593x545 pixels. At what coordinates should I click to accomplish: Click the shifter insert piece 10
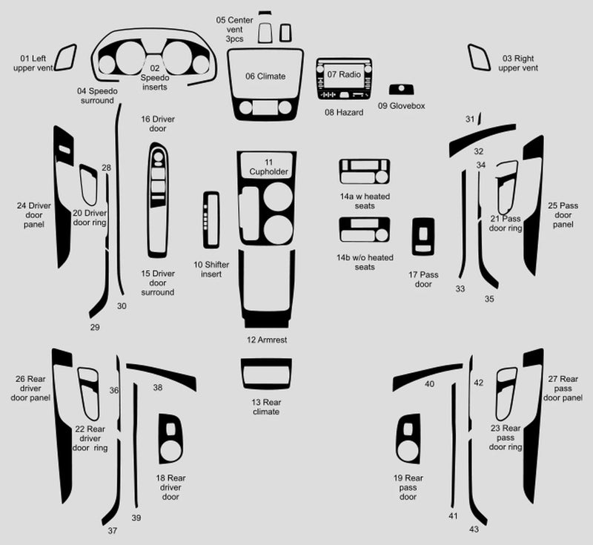211,219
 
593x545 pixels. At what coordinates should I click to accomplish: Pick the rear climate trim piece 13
265,374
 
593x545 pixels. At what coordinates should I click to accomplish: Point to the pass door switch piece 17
423,240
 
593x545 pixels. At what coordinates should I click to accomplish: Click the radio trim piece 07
343,77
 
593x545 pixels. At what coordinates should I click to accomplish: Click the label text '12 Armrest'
267,340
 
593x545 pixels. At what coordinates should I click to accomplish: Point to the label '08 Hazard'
344,113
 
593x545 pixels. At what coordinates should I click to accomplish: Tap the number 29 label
95,327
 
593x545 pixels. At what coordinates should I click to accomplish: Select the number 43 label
474,529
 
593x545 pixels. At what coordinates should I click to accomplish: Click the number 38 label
158,388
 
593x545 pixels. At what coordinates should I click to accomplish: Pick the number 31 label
469,119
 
